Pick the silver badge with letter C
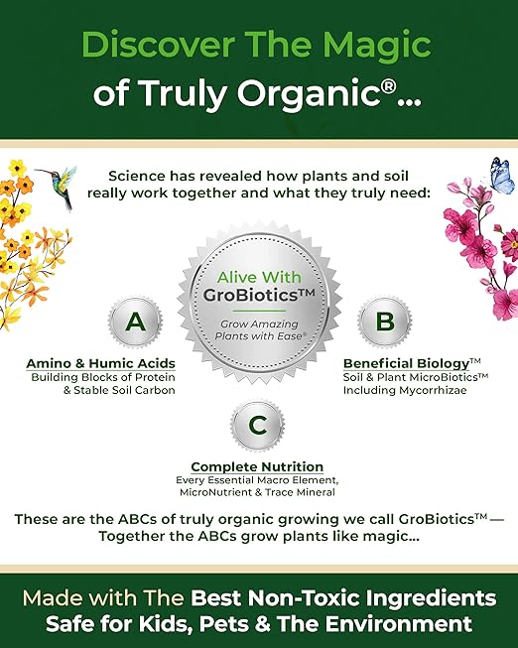(x=258, y=426)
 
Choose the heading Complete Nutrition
(x=257, y=466)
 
